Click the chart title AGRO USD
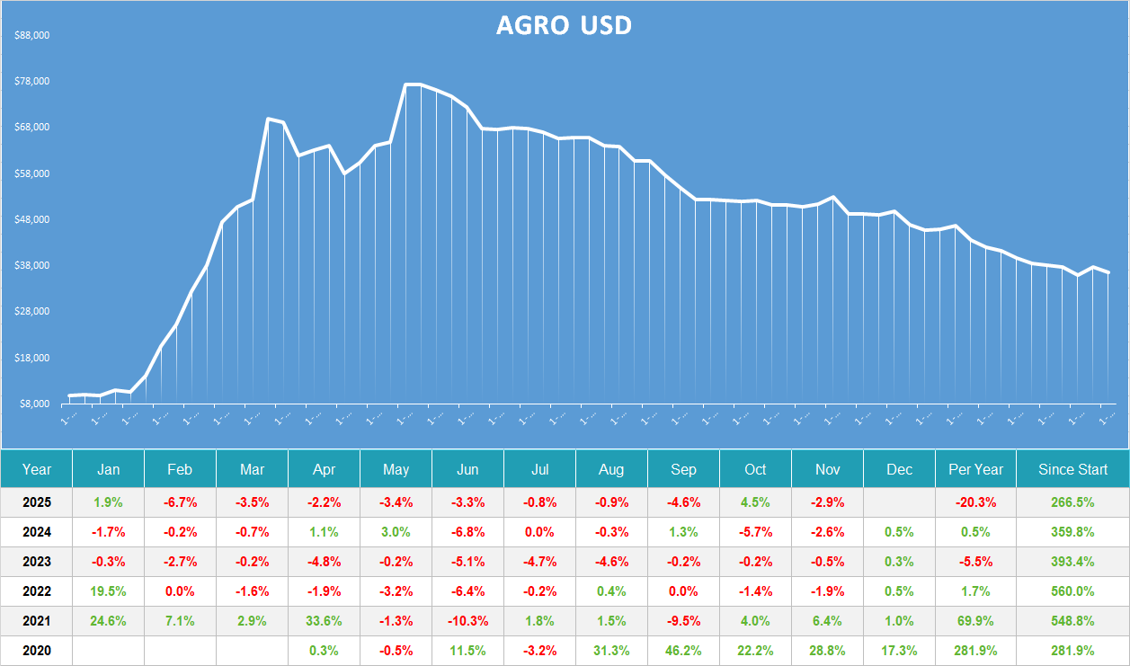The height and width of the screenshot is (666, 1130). pyautogui.click(x=564, y=25)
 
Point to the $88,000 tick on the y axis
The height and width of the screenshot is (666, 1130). pyautogui.click(x=32, y=36)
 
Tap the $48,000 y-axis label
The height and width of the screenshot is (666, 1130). pyautogui.click(x=32, y=220)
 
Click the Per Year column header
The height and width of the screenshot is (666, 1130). pyautogui.click(x=975, y=469)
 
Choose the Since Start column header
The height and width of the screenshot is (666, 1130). pyautogui.click(x=1072, y=469)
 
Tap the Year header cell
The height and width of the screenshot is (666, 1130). pyautogui.click(x=37, y=469)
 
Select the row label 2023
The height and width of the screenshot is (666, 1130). pyautogui.click(x=37, y=562)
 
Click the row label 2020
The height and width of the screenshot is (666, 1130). pyautogui.click(x=37, y=651)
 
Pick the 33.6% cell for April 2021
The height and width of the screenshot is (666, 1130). pyautogui.click(x=324, y=621)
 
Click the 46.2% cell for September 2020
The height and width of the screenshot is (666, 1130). pyautogui.click(x=683, y=651)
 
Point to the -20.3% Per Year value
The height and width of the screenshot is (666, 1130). pyautogui.click(x=975, y=502)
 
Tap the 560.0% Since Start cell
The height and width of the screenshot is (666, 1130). pyautogui.click(x=1072, y=591)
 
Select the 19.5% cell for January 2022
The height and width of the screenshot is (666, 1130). pyautogui.click(x=108, y=591)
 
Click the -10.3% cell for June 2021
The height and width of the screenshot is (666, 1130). pyautogui.click(x=467, y=621)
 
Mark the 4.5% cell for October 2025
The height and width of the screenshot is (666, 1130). pyautogui.click(x=755, y=502)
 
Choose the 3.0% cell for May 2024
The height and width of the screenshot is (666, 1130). pyautogui.click(x=396, y=532)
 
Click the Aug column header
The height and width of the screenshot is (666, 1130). pyautogui.click(x=611, y=469)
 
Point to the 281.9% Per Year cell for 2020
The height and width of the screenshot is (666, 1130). pyautogui.click(x=975, y=651)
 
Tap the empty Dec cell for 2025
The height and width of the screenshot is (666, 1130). pyautogui.click(x=899, y=502)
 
